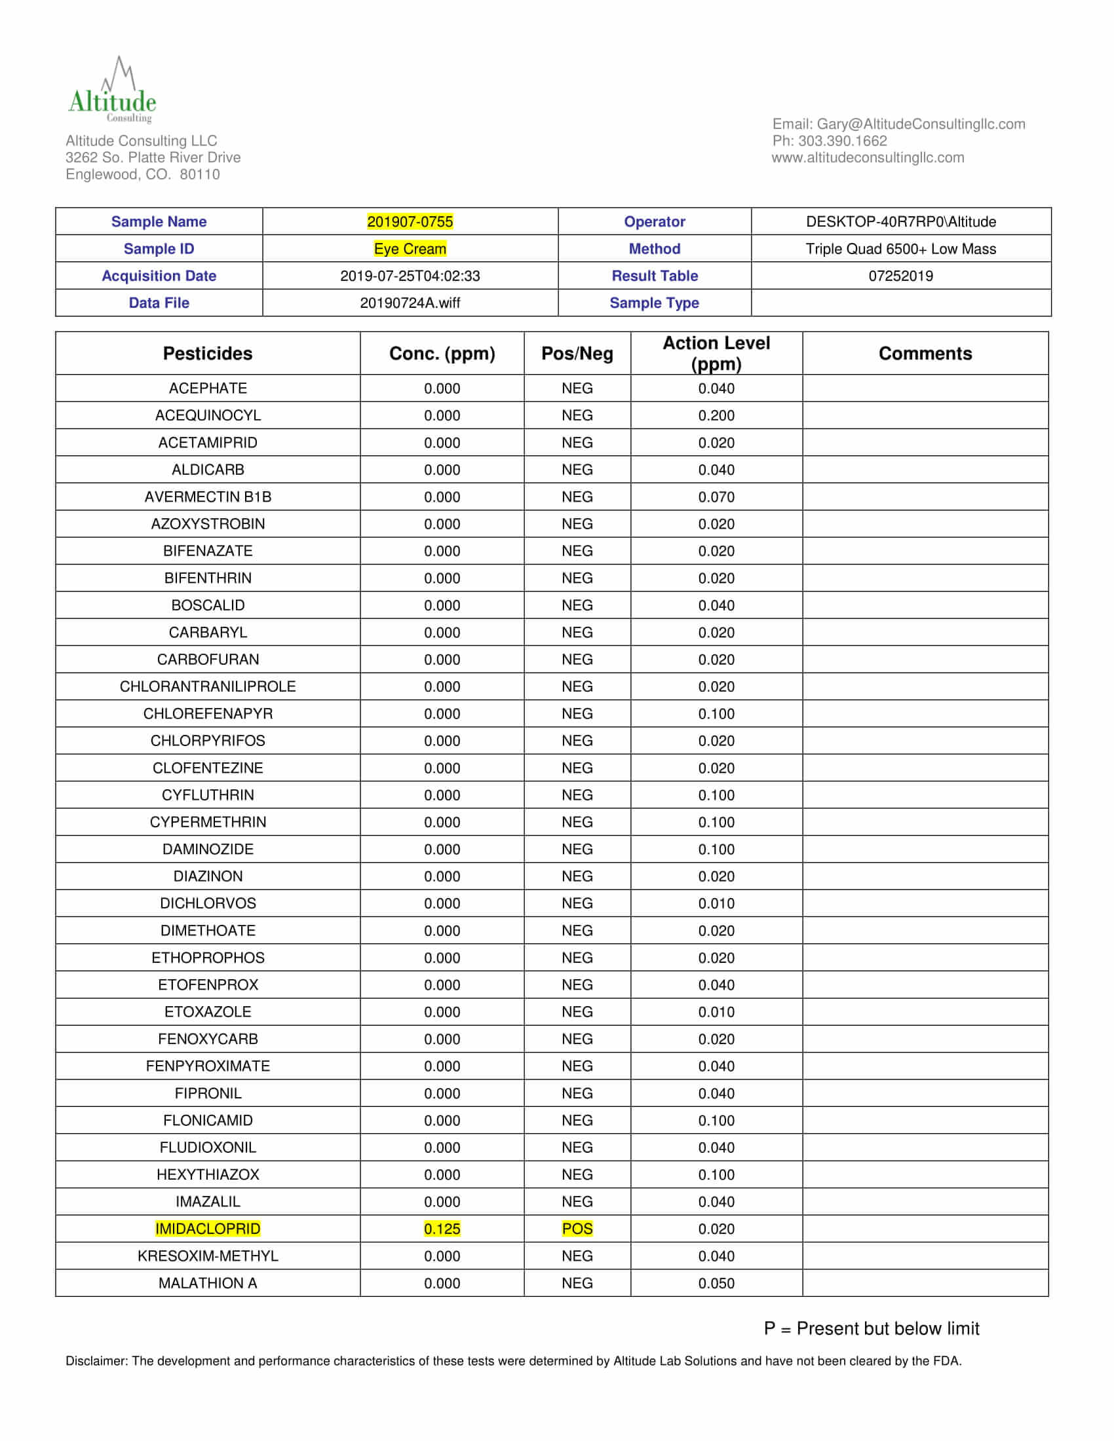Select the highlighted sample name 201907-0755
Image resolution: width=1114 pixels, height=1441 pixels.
[x=410, y=221]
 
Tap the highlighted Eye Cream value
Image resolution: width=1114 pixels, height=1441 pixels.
[x=410, y=249]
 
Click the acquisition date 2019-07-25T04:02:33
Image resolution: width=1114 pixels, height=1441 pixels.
[x=410, y=276]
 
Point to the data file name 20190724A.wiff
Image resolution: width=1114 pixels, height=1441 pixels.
[x=410, y=303]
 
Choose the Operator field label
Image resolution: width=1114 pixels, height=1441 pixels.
[x=654, y=221]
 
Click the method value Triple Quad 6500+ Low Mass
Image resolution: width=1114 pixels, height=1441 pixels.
[x=900, y=249]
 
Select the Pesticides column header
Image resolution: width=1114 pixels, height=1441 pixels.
[x=207, y=354]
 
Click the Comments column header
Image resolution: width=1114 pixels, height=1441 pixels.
[x=925, y=354]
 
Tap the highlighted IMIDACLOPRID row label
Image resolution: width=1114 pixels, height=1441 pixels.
[x=207, y=1229]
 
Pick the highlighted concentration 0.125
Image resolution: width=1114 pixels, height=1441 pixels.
[x=442, y=1229]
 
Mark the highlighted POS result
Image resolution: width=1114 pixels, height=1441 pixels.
[x=577, y=1229]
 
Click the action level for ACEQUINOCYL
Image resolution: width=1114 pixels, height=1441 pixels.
[x=716, y=416]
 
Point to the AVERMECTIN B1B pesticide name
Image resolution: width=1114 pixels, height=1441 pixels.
[x=207, y=497]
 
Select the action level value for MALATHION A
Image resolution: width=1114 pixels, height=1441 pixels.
[x=716, y=1282]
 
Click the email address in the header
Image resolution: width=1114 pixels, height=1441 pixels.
[x=921, y=124]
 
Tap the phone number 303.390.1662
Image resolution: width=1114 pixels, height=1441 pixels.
[x=842, y=141]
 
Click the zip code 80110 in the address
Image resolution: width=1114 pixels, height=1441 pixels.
[x=200, y=174]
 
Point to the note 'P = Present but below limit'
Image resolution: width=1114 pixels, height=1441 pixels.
[x=871, y=1328]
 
